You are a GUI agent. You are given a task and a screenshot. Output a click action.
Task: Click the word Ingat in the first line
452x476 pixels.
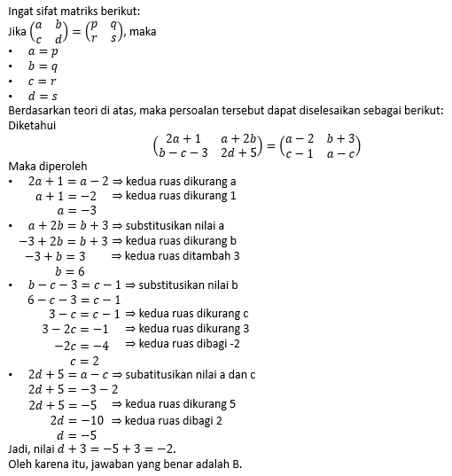pos(21,11)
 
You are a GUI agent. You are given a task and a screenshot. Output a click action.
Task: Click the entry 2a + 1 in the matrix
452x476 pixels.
pos(183,138)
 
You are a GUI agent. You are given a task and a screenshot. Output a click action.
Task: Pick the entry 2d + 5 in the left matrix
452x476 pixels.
pos(238,152)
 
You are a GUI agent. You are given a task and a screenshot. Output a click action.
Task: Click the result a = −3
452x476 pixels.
pos(76,211)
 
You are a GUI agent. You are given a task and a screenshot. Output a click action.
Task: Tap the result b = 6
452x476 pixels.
pos(70,271)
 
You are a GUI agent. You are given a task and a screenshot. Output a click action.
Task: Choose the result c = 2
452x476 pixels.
pos(83,361)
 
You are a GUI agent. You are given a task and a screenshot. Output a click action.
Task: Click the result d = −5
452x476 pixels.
pos(76,435)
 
